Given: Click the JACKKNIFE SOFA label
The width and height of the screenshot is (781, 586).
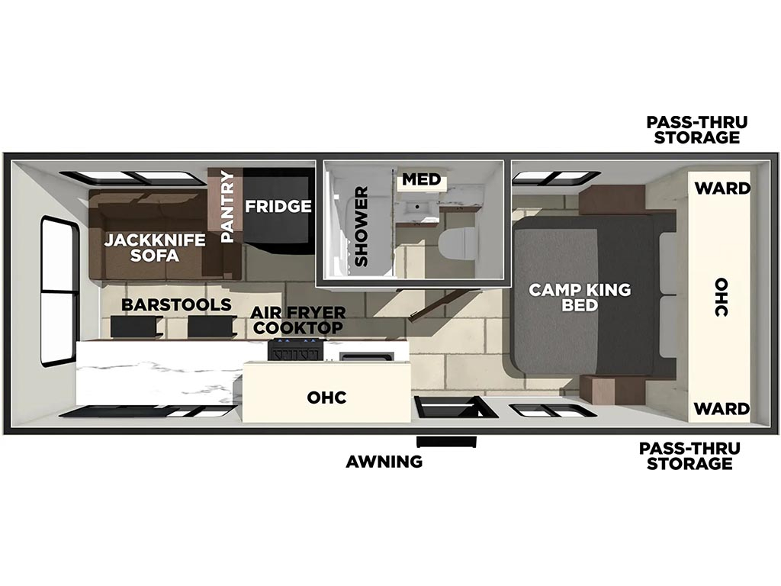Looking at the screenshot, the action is coord(154,248).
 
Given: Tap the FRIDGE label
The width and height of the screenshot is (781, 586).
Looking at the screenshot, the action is coord(278,206).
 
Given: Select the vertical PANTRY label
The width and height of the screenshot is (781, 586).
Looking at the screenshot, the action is coord(227,206).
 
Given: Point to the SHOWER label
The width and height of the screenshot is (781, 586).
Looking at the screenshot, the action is coord(361,226).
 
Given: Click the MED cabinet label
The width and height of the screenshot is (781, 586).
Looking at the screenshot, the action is coord(421,179).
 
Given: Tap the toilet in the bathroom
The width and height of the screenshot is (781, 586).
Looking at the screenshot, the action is coord(457,244).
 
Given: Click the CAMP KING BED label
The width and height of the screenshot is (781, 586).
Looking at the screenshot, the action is coord(580,297).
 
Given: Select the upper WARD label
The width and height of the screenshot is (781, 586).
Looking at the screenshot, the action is coord(722,188).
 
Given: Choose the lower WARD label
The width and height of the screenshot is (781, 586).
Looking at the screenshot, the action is coord(722,409).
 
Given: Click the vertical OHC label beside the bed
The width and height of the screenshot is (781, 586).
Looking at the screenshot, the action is coord(722,297).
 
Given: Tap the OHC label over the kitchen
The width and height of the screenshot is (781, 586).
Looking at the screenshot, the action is coord(326,397).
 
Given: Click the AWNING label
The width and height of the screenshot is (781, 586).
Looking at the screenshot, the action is coord(384,462).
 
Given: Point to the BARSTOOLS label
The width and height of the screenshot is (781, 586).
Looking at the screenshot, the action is coord(176,304).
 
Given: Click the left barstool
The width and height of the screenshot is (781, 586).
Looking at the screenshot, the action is coord(134,327).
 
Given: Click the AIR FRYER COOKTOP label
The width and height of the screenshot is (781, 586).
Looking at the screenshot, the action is coord(298,320).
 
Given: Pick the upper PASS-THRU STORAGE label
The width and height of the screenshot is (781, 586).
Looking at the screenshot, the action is coord(697,130).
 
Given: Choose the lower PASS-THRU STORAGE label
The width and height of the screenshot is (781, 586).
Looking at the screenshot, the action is coord(689,456).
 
